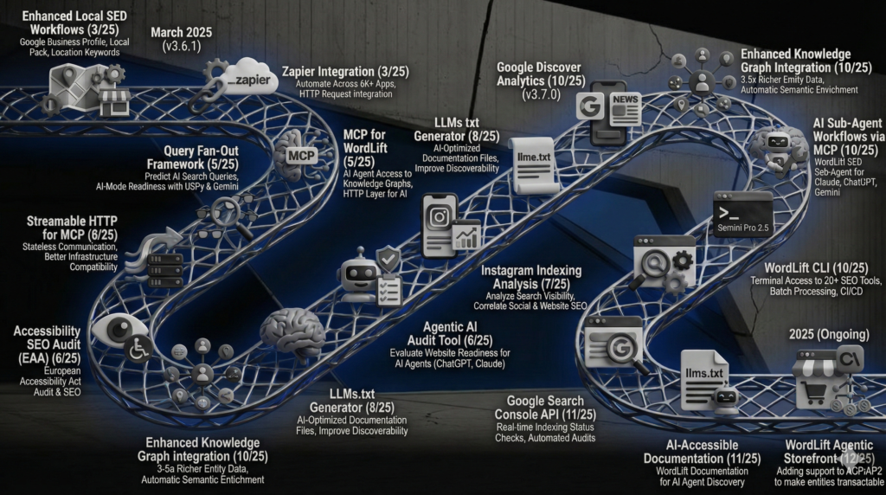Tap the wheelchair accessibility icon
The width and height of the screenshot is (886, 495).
pyautogui.click(x=139, y=348)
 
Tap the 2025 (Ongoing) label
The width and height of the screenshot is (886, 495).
pyautogui.click(x=825, y=335)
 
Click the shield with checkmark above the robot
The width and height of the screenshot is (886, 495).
pyautogui.click(x=388, y=259)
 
